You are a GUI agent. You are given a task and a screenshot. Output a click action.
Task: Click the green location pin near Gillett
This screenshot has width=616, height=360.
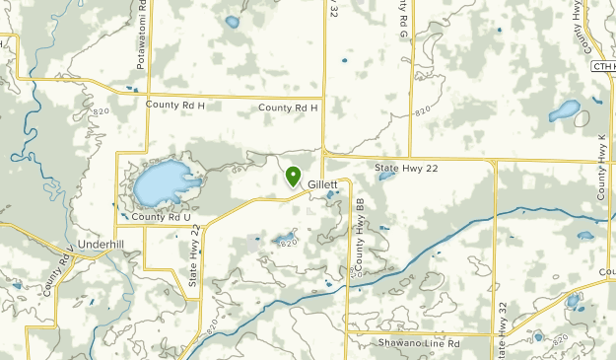[293, 176]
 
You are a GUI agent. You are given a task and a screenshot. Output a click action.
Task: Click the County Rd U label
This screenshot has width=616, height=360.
[161, 217]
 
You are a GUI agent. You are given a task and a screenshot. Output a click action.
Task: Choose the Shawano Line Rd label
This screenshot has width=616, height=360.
[419, 343]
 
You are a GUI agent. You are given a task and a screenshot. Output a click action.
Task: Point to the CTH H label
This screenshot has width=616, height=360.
[603, 66]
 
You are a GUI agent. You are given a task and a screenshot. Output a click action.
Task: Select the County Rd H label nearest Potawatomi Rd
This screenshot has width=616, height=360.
[174, 104]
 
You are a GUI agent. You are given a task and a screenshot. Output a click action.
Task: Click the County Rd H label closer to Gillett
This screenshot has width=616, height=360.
[289, 108]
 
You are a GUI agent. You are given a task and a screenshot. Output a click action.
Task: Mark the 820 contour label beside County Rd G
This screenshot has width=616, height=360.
[422, 113]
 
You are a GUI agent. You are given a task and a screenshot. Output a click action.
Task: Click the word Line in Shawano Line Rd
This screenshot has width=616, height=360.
[425, 343]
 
